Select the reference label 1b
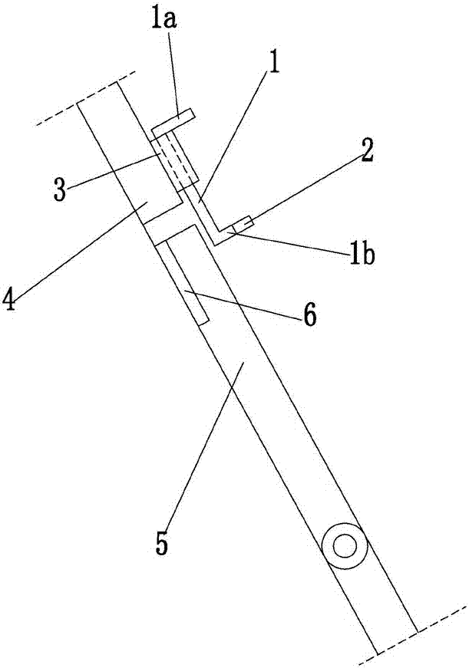pyautogui.click(x=362, y=255)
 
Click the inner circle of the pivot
pyautogui.click(x=345, y=546)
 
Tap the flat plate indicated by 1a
pyautogui.click(x=173, y=121)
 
